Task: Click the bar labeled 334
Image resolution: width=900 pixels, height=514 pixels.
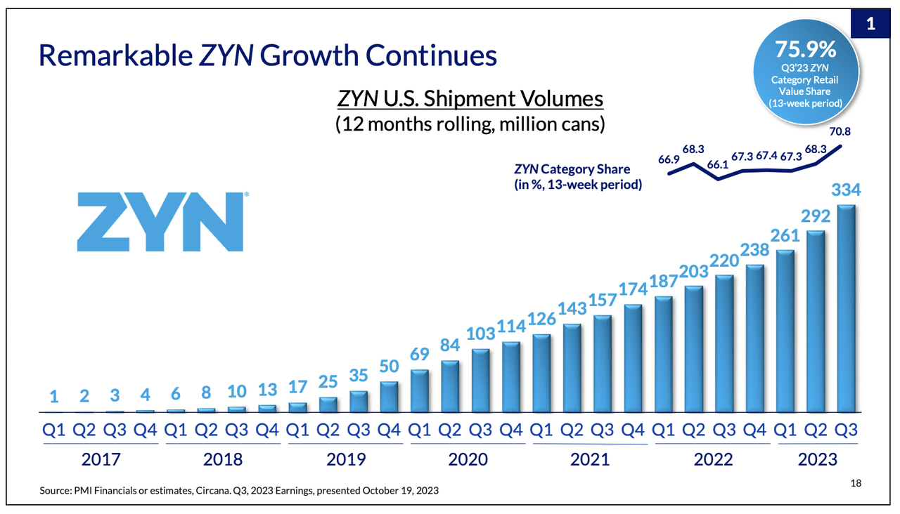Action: (847, 308)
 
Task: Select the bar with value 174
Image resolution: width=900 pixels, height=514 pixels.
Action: (633, 358)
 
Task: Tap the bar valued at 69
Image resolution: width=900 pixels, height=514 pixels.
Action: (420, 390)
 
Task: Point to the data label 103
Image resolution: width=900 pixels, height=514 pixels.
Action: (482, 333)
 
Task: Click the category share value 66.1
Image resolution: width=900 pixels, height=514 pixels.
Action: (717, 164)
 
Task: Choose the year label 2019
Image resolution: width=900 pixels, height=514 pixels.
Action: (346, 459)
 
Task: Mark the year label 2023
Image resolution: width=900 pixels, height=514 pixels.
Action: (817, 459)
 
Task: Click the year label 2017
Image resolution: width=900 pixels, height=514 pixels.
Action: (101, 459)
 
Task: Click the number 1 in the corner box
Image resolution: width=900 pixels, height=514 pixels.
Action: (870, 24)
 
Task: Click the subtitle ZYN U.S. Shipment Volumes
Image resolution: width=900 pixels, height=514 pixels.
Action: (471, 98)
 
